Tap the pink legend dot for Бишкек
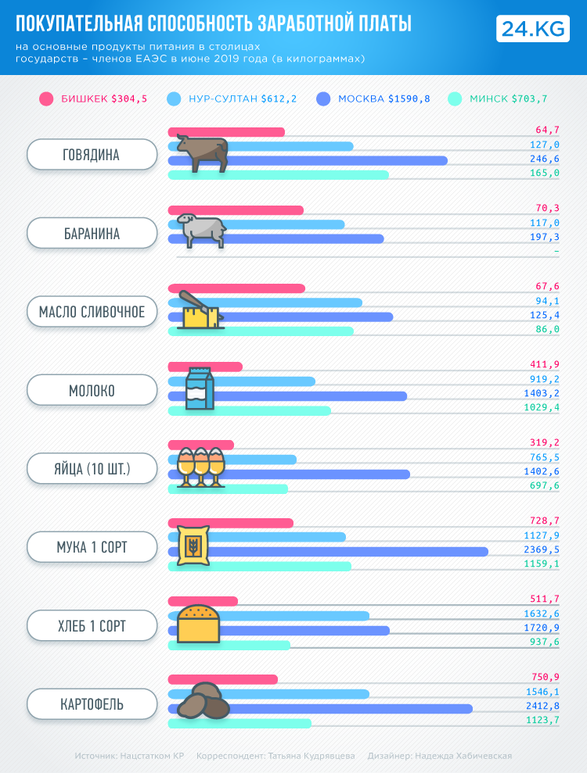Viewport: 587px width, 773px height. coord(46,98)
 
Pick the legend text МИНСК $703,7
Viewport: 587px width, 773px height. coord(508,98)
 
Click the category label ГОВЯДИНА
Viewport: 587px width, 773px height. coord(92,155)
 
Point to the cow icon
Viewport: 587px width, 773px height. coord(201,152)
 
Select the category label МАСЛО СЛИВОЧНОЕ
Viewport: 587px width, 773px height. coord(92,312)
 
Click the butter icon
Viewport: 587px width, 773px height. coord(200,310)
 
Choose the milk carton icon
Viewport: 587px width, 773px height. coord(199,389)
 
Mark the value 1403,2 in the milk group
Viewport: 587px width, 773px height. coord(542,394)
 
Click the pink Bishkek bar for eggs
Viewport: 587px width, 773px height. coord(200,445)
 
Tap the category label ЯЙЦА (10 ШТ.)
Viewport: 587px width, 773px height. coord(92,469)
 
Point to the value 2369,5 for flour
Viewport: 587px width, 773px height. coord(542,550)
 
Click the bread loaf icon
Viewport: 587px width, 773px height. coord(199,623)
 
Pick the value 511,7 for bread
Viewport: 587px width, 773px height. coord(545,599)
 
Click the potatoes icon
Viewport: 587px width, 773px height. coord(203,701)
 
